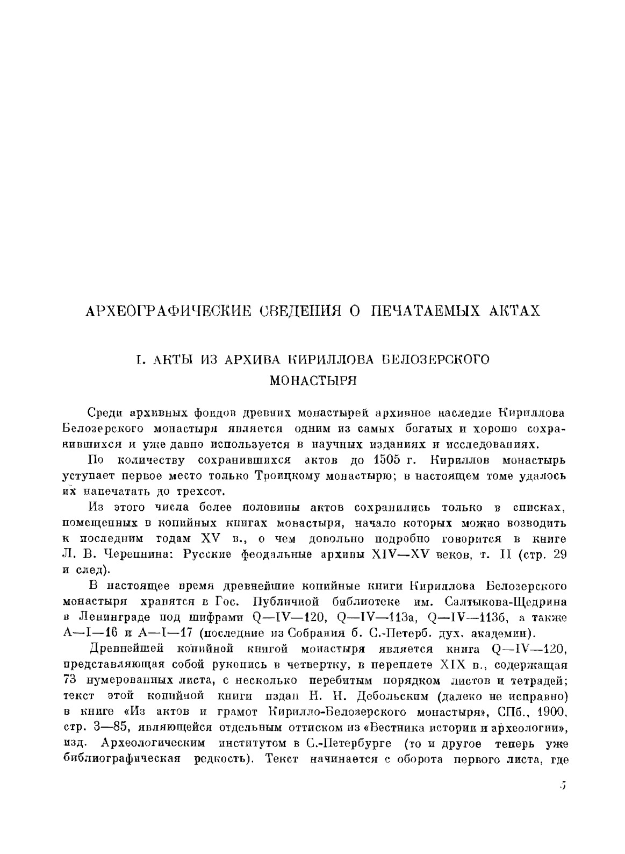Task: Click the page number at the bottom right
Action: click(562, 785)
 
